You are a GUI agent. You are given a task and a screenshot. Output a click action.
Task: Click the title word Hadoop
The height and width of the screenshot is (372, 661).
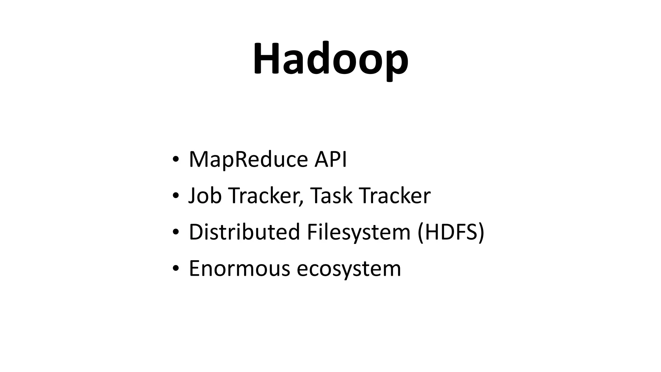(330, 59)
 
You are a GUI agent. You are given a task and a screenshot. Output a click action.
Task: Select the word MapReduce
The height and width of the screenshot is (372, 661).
(248, 160)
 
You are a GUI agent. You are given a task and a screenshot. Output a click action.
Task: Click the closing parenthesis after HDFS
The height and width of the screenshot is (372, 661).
(481, 232)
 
